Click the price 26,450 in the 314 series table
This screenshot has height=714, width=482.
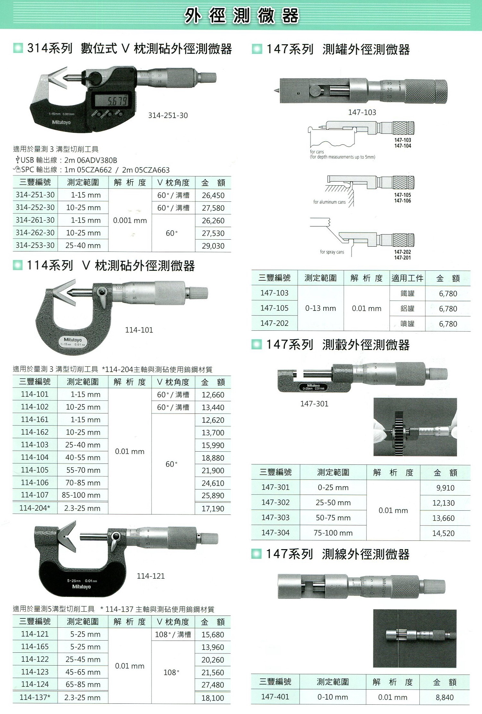point(213,195)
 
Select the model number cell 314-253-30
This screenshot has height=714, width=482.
point(35,245)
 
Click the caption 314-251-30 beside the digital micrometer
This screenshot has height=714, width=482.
point(168,115)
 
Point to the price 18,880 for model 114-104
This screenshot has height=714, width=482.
point(213,458)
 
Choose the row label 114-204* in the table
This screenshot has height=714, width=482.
point(35,508)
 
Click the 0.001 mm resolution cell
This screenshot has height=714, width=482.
point(130,221)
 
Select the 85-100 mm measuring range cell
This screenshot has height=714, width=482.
point(81,495)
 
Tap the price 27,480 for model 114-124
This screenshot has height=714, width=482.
point(213,685)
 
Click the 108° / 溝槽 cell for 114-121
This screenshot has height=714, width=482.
point(173,634)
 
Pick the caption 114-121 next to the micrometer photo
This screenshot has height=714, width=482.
point(151,576)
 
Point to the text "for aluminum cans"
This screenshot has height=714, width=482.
point(329,202)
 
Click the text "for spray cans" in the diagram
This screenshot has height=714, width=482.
point(332,252)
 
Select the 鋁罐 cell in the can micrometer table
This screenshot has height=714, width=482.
point(407,309)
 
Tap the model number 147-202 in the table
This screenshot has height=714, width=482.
point(275,323)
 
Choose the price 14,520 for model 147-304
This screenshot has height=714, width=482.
point(444,533)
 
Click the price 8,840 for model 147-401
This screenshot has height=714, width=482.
point(444,697)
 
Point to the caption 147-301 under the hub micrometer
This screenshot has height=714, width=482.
point(314,404)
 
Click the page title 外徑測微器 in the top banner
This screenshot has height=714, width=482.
point(241,16)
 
